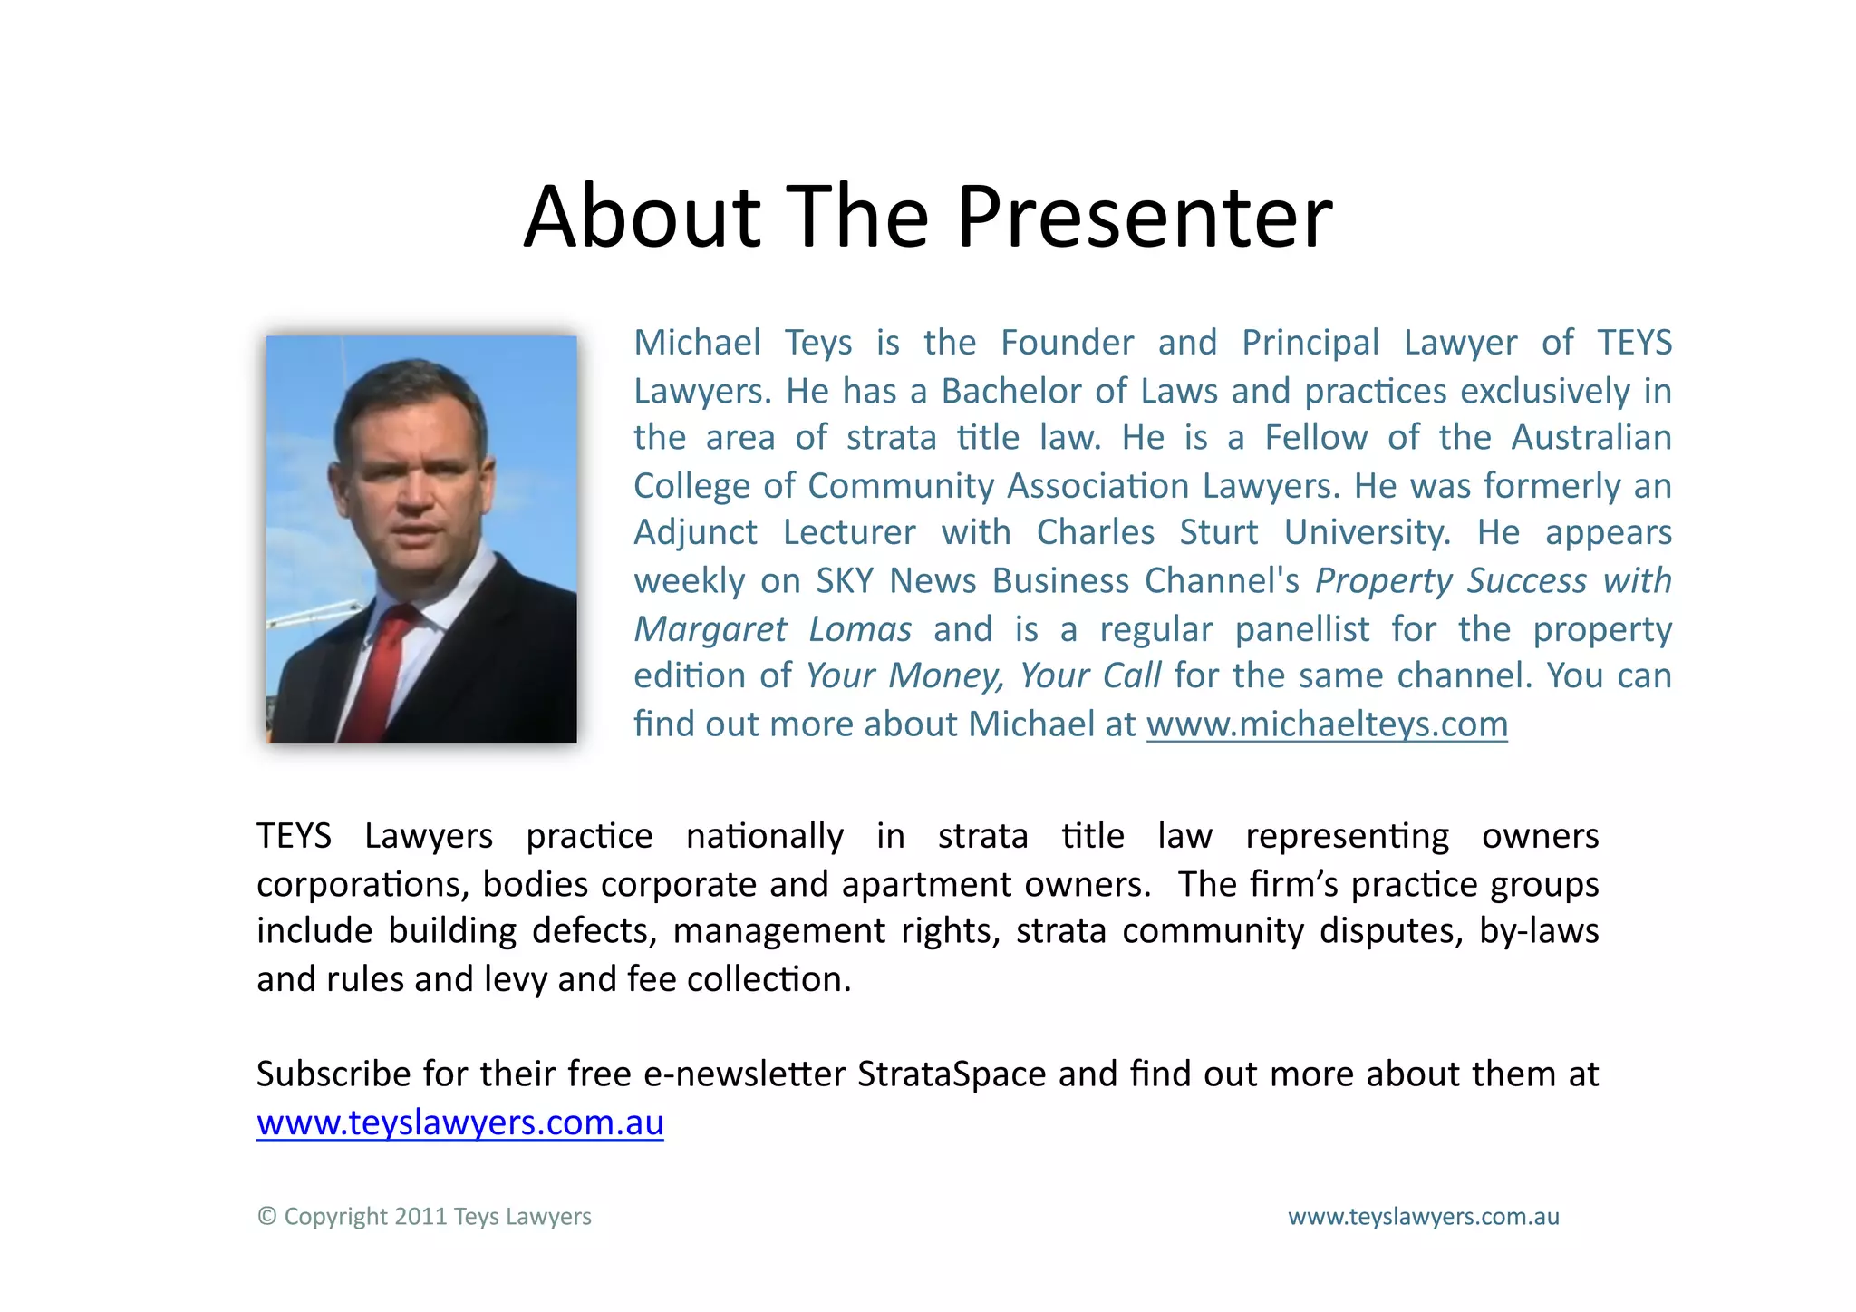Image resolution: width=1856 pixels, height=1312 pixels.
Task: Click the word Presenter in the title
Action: pyautogui.click(x=1144, y=218)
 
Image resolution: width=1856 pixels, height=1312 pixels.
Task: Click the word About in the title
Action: pyautogui.click(x=642, y=218)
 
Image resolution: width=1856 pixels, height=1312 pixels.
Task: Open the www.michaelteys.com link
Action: pyautogui.click(x=1327, y=724)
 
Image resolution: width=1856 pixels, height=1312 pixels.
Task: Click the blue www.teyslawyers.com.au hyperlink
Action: pyautogui.click(x=460, y=1122)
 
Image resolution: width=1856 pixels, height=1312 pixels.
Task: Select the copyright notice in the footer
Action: pyautogui.click(x=424, y=1217)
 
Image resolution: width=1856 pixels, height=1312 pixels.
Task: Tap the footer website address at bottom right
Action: pyautogui.click(x=1423, y=1217)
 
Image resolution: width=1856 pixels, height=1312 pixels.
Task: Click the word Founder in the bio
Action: pyautogui.click(x=1067, y=343)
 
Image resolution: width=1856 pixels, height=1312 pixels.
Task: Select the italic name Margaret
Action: pyautogui.click(x=710, y=629)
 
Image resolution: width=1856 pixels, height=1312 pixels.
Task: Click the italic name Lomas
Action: pyautogui.click(x=860, y=629)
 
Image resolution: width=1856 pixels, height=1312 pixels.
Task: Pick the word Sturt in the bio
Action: pyautogui.click(x=1218, y=532)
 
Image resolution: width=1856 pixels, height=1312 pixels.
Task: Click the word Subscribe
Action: pyautogui.click(x=333, y=1074)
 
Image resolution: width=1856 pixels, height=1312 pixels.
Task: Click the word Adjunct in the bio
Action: pyautogui.click(x=695, y=532)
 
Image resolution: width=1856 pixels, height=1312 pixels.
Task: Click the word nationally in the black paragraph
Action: pyautogui.click(x=764, y=836)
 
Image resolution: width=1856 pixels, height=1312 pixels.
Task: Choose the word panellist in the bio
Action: pyautogui.click(x=1301, y=629)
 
